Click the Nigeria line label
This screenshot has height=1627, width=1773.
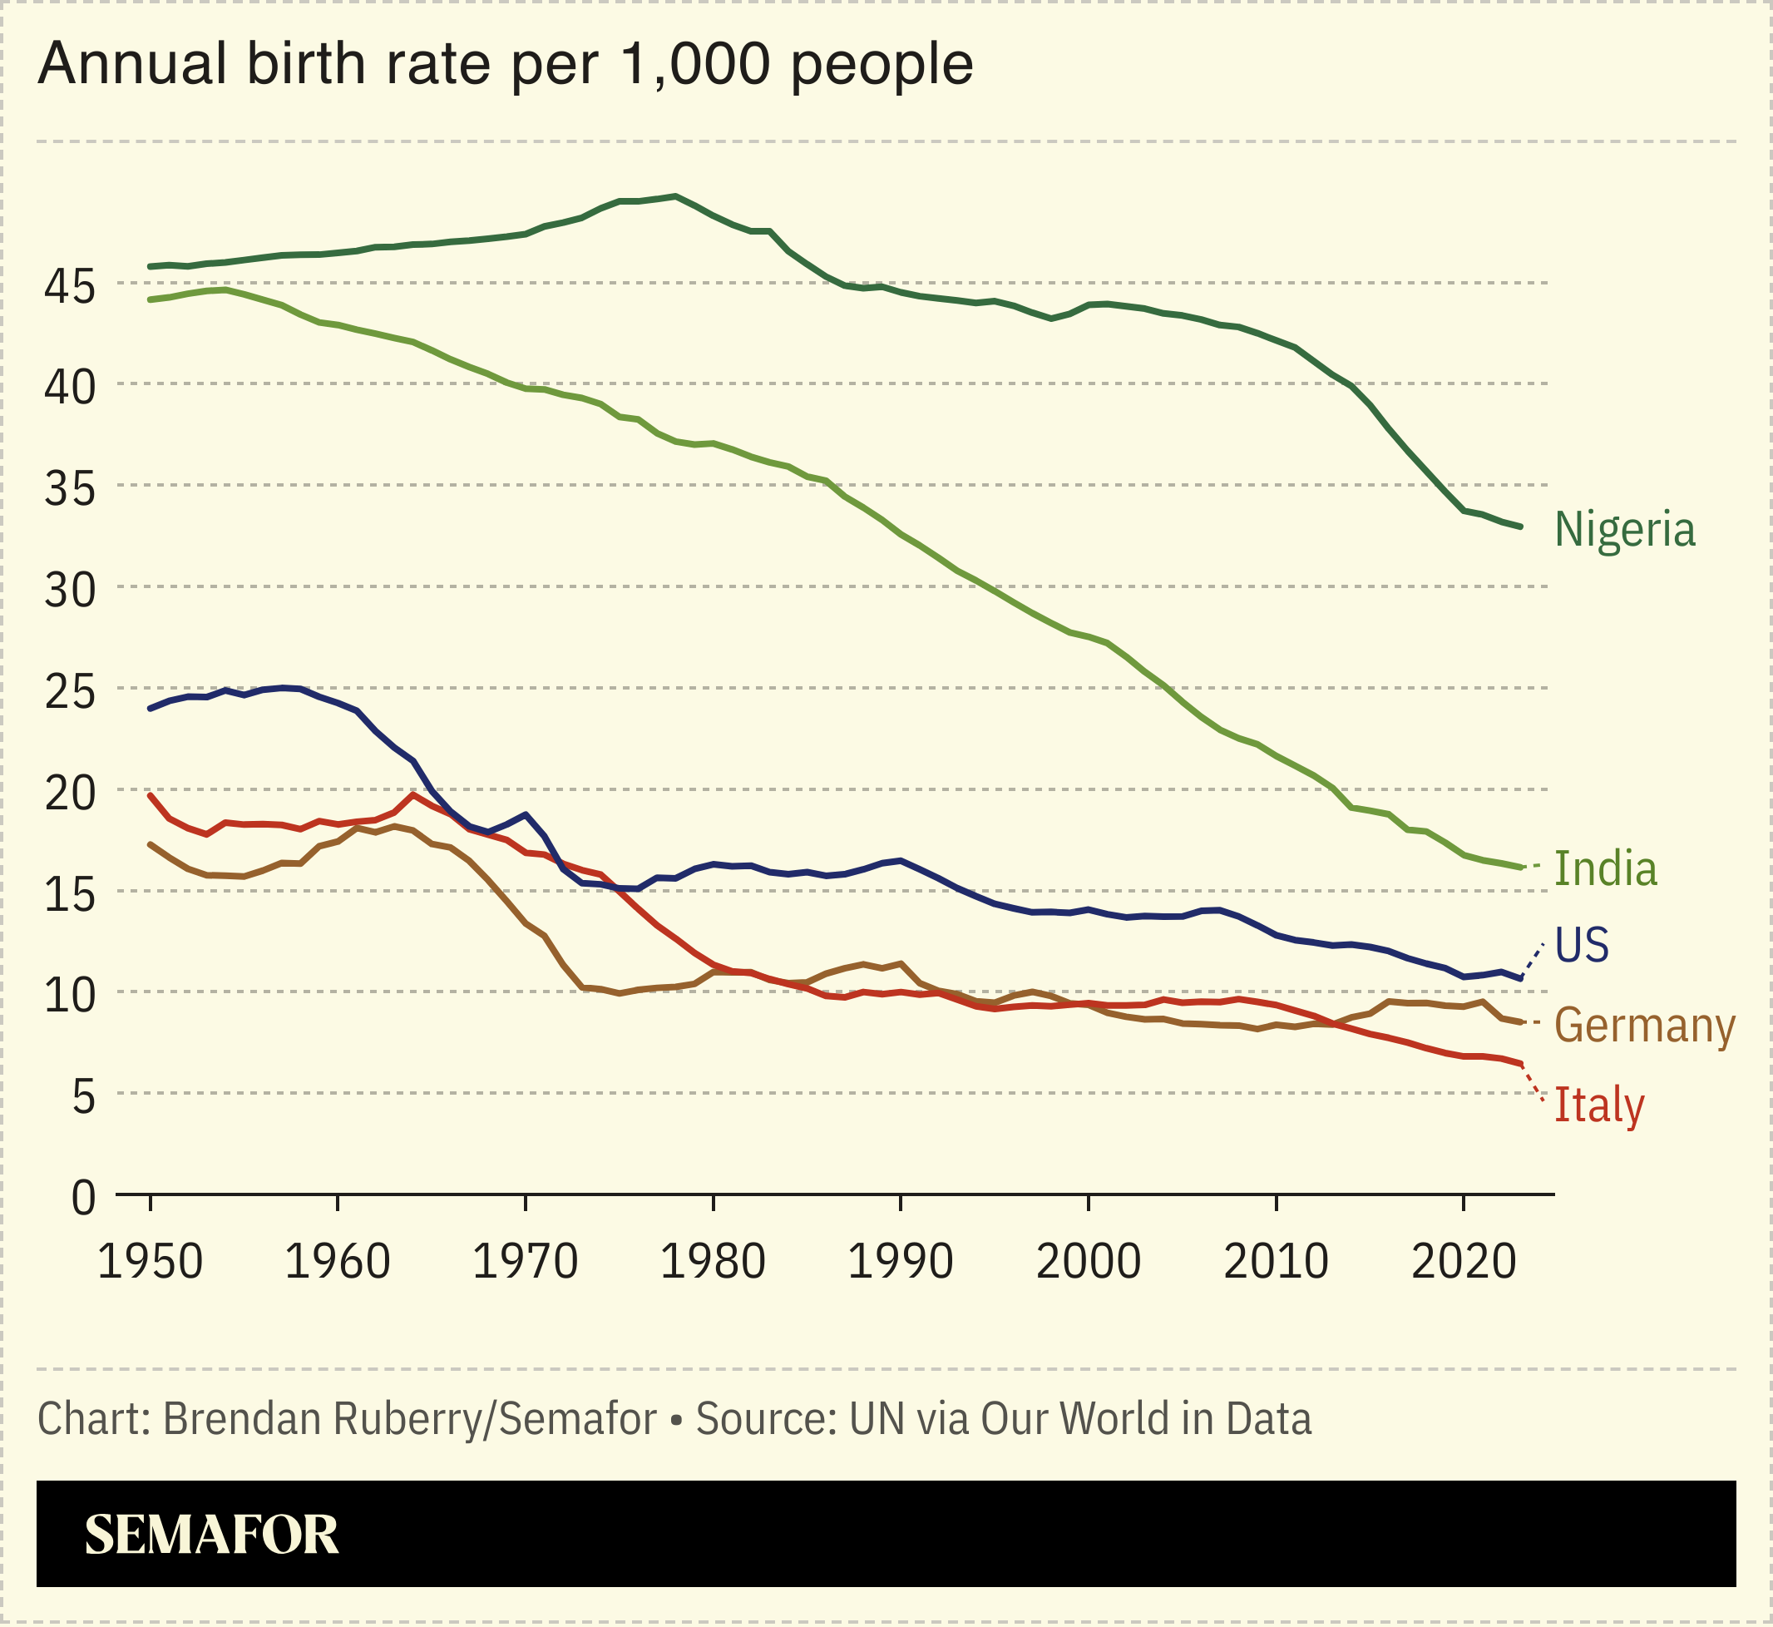[x=1624, y=529]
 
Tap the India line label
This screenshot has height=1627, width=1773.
[x=1606, y=869]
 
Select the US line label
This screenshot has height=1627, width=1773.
[x=1582, y=945]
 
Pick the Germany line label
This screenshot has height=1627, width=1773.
[x=1644, y=1026]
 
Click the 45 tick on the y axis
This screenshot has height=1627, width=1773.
[x=70, y=288]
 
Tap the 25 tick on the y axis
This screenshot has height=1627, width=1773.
[x=70, y=694]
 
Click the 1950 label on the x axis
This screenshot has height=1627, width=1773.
[x=150, y=1262]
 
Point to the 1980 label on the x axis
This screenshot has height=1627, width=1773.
[x=712, y=1262]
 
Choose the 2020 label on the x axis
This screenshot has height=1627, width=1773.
[x=1463, y=1262]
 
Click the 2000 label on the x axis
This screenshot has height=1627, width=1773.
[x=1088, y=1262]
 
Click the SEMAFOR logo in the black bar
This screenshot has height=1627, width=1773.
[x=211, y=1535]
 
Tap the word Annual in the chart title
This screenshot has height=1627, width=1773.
[x=134, y=64]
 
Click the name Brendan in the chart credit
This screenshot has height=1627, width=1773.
[x=235, y=1419]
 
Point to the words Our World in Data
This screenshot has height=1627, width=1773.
[x=1145, y=1419]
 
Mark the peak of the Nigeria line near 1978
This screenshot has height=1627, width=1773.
[x=675, y=195]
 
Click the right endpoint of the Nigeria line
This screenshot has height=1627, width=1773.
[x=1520, y=527]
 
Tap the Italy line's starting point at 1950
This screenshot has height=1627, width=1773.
[x=151, y=795]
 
